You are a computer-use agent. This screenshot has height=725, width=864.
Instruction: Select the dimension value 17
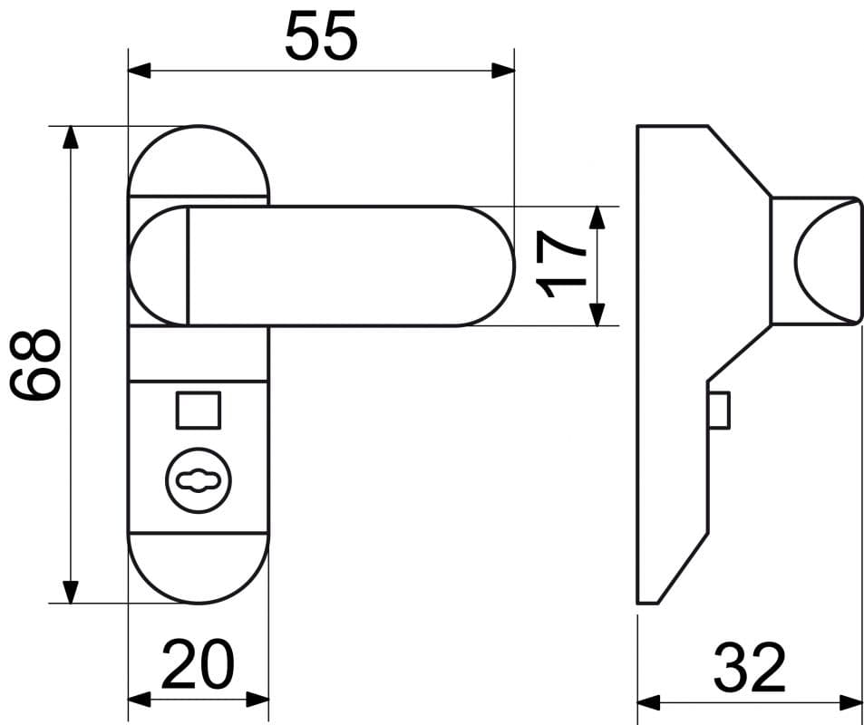pyautogui.click(x=561, y=265)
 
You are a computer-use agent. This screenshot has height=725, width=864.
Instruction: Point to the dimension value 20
pyautogui.click(x=198, y=664)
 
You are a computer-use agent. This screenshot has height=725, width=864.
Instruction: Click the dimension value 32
pyautogui.click(x=750, y=668)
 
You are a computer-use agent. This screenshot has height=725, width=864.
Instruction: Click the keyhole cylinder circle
pyautogui.click(x=199, y=480)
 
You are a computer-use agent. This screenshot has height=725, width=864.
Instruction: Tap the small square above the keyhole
pyautogui.click(x=199, y=411)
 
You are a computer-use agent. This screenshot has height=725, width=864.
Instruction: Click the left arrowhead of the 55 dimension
pyautogui.click(x=140, y=71)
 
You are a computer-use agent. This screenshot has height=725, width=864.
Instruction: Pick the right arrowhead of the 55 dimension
pyautogui.click(x=503, y=71)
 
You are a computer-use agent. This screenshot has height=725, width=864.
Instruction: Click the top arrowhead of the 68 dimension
pyautogui.click(x=71, y=138)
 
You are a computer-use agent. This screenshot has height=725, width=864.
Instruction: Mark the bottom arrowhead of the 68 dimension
pyautogui.click(x=71, y=592)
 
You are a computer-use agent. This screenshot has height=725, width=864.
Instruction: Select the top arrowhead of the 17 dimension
pyautogui.click(x=597, y=217)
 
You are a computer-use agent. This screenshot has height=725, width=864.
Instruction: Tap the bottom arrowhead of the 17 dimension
pyautogui.click(x=597, y=314)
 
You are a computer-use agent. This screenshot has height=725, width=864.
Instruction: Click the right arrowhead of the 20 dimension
pyautogui.click(x=257, y=700)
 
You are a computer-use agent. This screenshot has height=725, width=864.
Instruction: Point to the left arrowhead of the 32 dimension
pyautogui.click(x=649, y=703)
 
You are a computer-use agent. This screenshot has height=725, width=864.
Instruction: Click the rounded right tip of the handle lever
pyautogui.click(x=513, y=266)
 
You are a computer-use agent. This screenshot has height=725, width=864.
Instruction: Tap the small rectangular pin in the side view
pyautogui.click(x=719, y=411)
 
